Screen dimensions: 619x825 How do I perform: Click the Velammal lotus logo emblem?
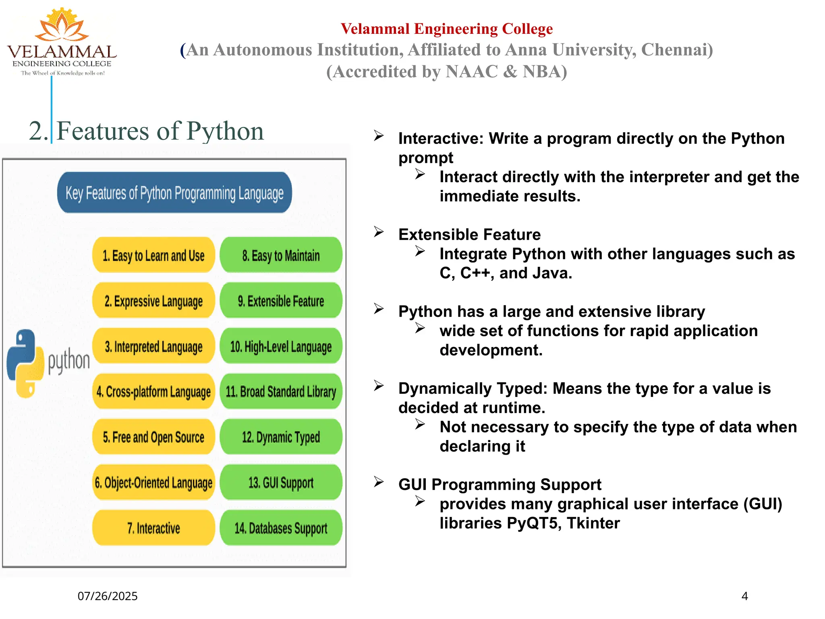pos(61,25)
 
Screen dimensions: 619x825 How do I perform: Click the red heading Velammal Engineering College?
pos(446,29)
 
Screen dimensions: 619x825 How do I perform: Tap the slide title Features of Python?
pos(160,131)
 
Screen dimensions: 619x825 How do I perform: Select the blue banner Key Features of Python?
pos(174,193)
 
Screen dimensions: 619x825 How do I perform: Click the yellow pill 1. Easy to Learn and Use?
pos(153,255)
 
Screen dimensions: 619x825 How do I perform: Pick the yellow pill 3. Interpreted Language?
pos(153,347)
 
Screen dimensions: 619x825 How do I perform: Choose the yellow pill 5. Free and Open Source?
pos(153,437)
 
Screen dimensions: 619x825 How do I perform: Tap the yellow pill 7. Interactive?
pos(153,528)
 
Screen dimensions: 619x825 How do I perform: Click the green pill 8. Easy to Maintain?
pos(281,255)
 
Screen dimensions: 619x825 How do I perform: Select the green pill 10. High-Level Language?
pos(281,347)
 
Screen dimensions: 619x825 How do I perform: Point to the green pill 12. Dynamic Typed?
pos(281,437)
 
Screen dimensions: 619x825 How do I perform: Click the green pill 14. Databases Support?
pos(281,528)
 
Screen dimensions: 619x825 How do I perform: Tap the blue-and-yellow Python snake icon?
pos(25,363)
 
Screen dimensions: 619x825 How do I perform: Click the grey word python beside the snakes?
pos(69,360)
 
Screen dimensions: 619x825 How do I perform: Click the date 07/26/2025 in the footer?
pos(108,596)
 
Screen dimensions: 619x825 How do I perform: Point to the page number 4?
pos(744,596)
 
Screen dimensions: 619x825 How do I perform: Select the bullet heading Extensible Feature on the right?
pos(469,235)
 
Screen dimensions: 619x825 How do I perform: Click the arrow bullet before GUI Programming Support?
pos(378,482)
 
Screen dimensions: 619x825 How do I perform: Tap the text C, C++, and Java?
pos(506,273)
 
